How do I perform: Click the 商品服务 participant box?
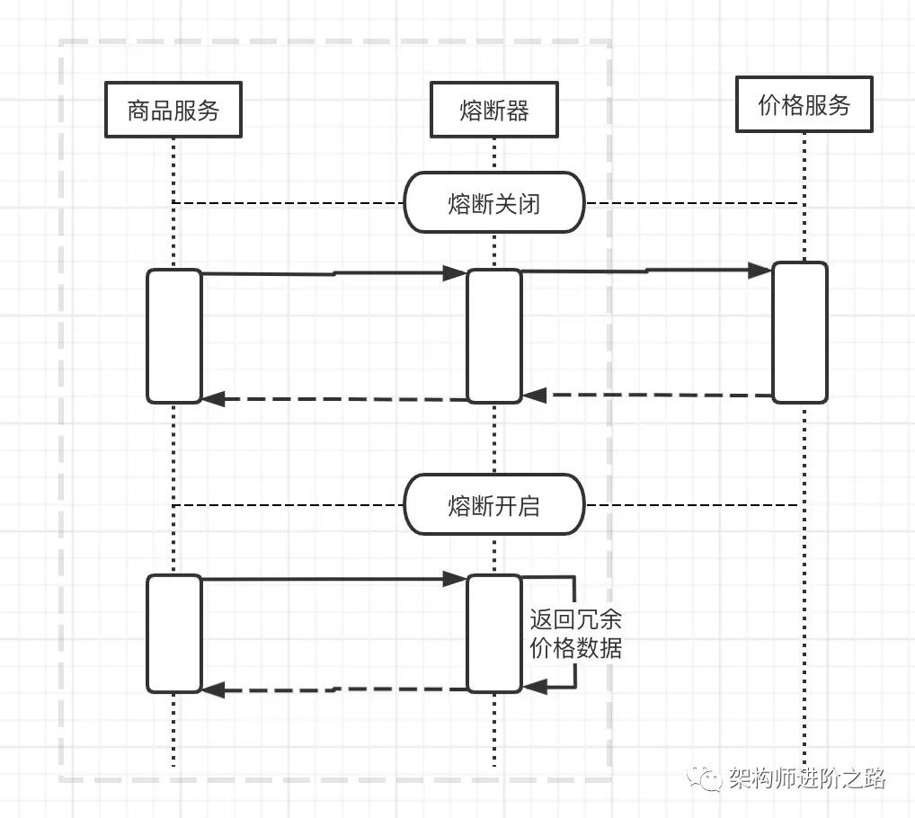(173, 111)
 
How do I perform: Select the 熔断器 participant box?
(493, 111)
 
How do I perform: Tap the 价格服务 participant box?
(804, 105)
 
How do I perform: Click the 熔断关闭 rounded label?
(493, 203)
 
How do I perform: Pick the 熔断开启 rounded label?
(493, 505)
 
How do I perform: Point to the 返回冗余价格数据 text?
(575, 635)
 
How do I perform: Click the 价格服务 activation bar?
(800, 332)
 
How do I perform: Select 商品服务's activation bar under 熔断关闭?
(174, 335)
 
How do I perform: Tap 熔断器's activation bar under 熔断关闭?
(493, 335)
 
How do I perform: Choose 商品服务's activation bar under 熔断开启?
(174, 634)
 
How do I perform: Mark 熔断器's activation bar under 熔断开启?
(493, 634)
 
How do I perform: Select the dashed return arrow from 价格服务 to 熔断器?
(647, 395)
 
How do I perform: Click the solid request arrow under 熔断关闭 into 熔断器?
(333, 273)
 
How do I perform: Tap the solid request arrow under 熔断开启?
(333, 581)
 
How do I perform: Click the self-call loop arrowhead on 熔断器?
(534, 688)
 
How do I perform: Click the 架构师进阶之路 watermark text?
(807, 778)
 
